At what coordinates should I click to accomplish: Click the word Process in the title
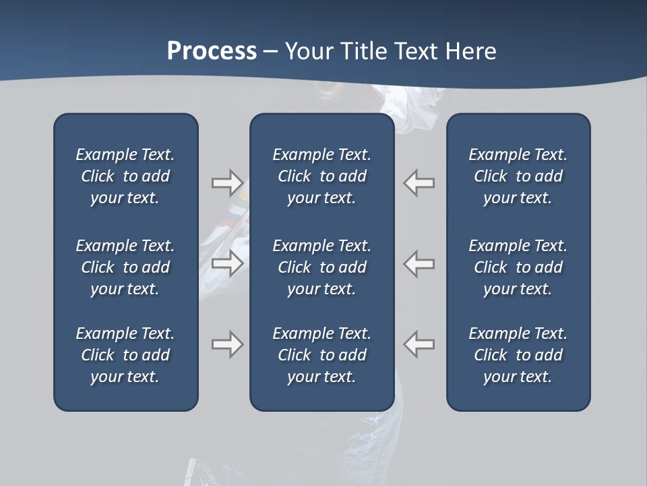212,51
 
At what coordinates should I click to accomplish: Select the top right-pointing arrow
227,182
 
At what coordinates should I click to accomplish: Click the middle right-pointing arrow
227,263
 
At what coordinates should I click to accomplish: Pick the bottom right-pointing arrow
227,344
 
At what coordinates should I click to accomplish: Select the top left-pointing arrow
419,182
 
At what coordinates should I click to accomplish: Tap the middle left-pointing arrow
419,263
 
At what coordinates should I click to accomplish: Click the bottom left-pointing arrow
419,344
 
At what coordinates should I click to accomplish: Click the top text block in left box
125,176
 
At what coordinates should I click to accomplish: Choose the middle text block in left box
125,267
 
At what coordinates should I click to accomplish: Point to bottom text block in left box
125,355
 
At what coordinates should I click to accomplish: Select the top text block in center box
321,176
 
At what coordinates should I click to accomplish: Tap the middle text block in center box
321,267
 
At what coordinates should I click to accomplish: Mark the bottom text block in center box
321,355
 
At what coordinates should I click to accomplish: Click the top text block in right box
518,176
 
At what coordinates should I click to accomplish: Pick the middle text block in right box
518,267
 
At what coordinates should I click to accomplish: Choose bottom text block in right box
518,355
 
